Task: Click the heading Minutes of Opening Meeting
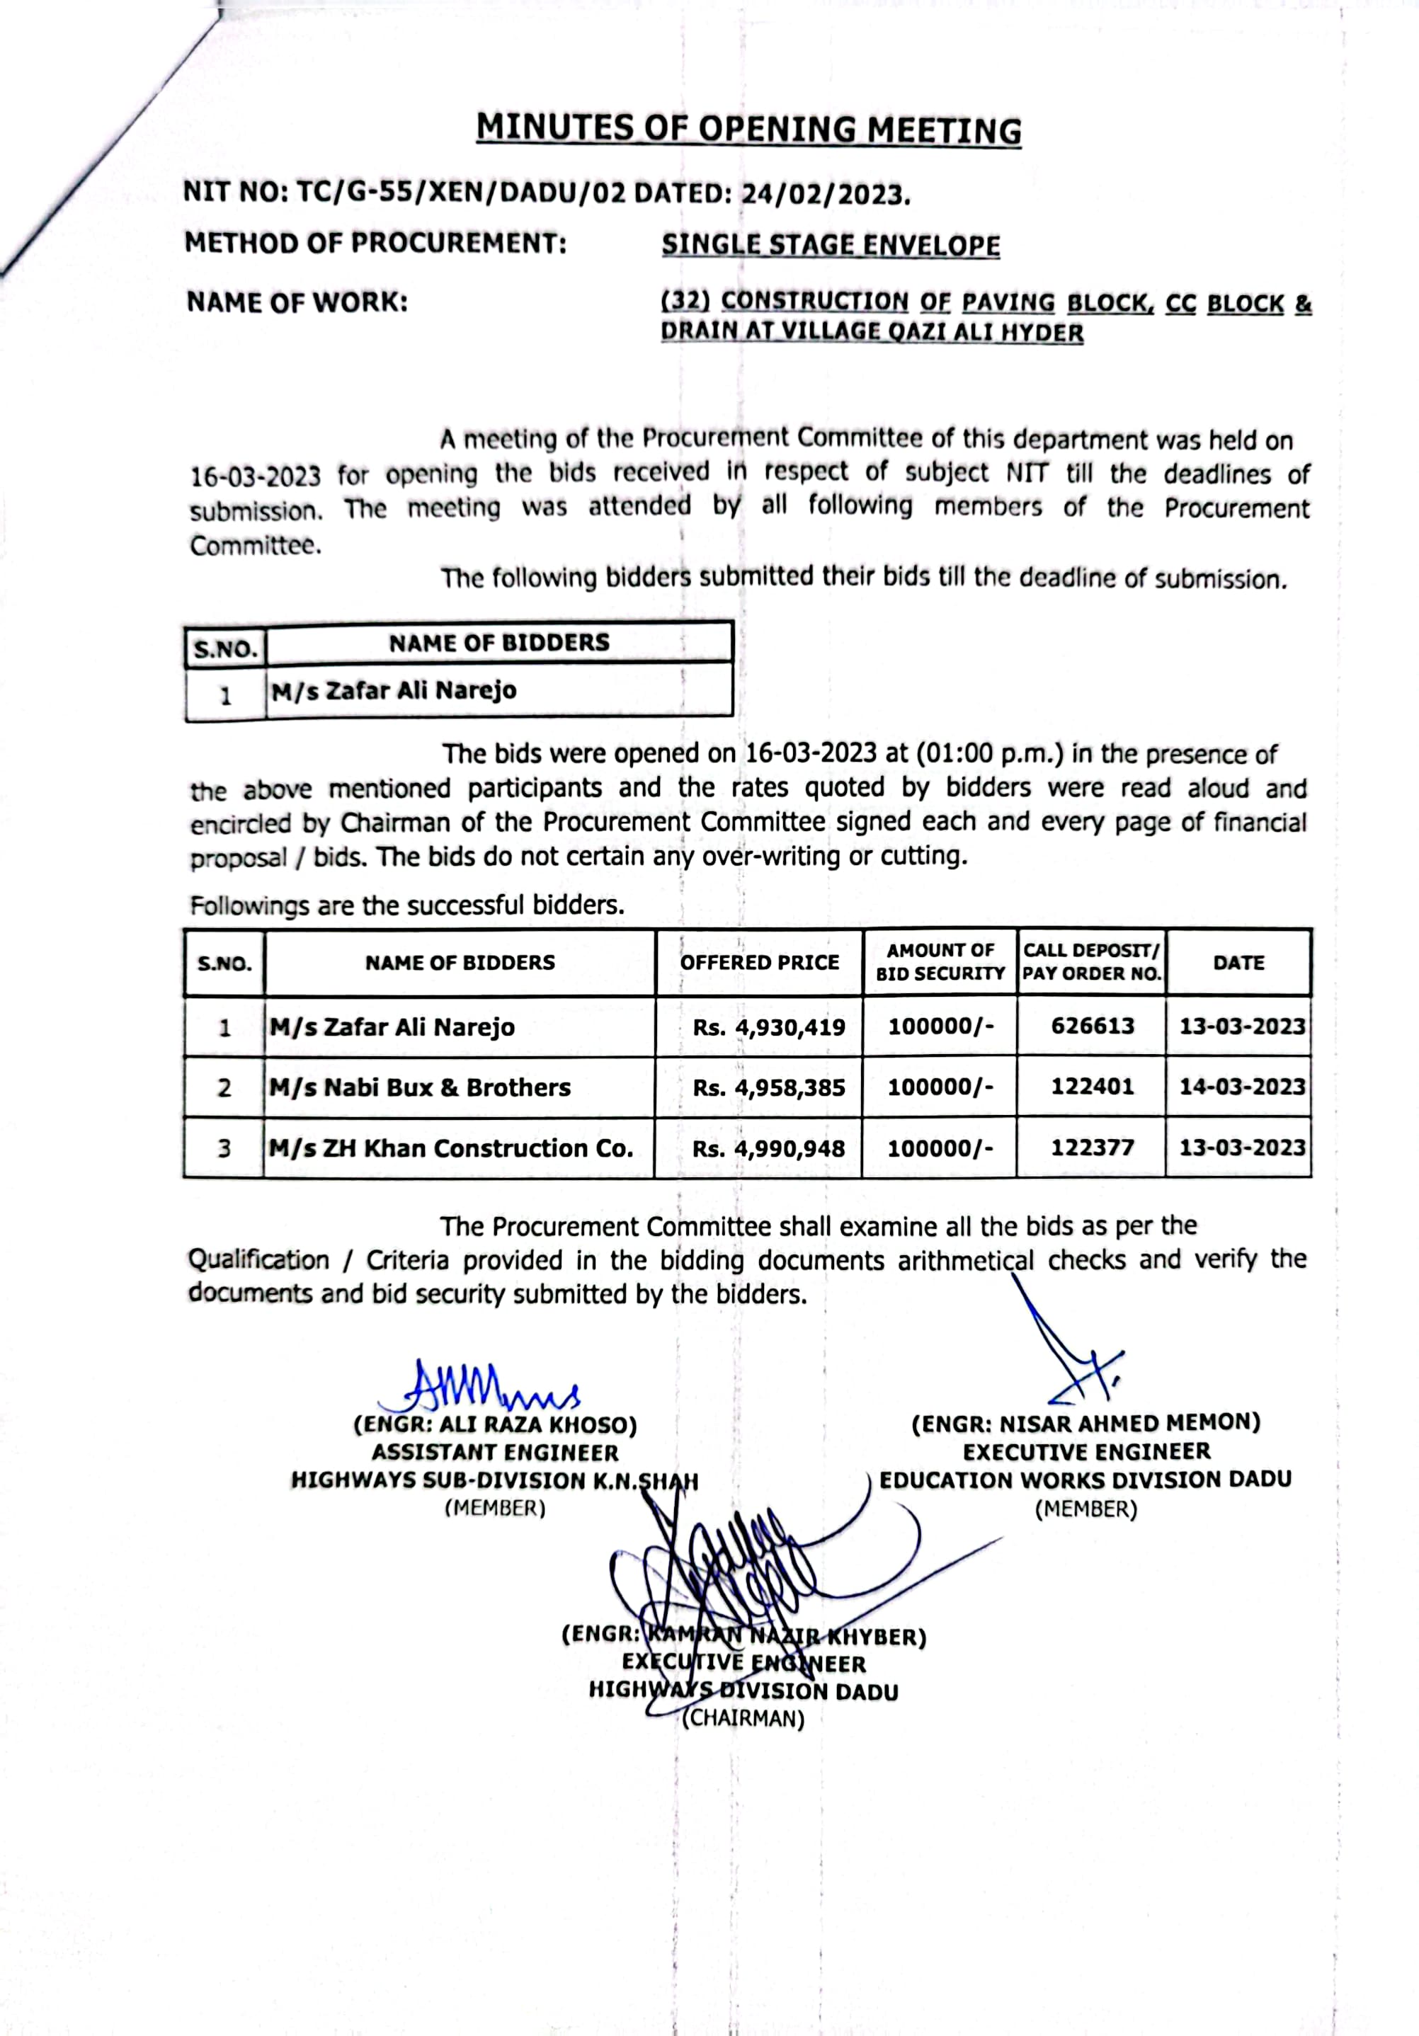click(748, 130)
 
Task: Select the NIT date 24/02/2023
click(825, 193)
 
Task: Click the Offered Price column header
click(759, 962)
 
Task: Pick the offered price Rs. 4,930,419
click(768, 1027)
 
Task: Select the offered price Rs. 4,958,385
click(768, 1087)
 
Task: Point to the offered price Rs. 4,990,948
click(768, 1148)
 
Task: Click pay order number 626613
click(1093, 1026)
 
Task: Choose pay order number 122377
click(1093, 1148)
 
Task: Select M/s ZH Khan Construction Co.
click(452, 1148)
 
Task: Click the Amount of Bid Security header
click(940, 962)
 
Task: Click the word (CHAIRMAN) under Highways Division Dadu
click(743, 1719)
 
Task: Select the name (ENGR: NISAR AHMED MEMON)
click(1085, 1423)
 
